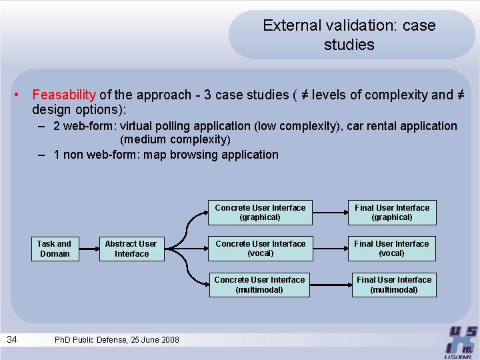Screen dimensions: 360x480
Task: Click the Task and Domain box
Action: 54,249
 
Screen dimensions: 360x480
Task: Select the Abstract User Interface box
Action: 131,249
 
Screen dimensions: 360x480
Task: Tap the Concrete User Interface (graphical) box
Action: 260,213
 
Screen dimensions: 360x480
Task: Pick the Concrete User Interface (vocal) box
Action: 260,249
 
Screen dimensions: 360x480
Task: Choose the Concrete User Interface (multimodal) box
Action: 259,285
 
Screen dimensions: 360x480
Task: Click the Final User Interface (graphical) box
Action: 392,213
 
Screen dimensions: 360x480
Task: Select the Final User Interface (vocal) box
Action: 392,249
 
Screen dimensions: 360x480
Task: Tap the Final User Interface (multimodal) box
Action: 393,285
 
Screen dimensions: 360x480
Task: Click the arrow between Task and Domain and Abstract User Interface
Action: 87,249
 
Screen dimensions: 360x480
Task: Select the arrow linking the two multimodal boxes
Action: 330,285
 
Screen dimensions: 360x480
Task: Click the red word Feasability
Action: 64,95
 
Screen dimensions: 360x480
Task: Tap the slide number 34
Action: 12,340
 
